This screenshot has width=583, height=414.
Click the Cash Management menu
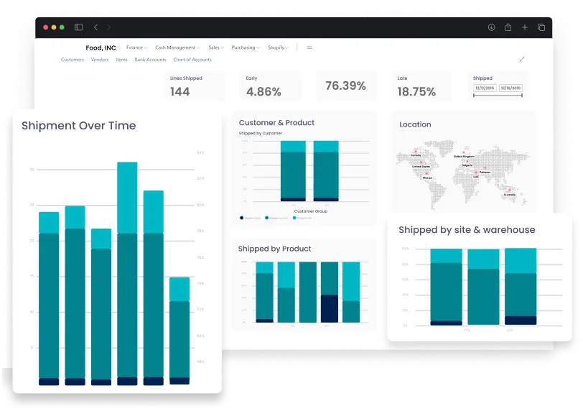tap(177, 47)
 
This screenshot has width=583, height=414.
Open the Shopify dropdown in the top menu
tap(277, 47)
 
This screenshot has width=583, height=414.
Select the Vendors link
tap(99, 60)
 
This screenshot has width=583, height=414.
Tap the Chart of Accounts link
tap(192, 60)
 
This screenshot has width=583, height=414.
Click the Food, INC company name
tap(101, 48)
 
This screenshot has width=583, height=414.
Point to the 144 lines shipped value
tap(179, 91)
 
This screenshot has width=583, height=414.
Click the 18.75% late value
tap(416, 92)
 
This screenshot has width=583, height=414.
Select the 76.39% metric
tap(345, 86)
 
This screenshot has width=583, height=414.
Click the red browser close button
tap(45, 27)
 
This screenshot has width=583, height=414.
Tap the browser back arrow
tap(95, 27)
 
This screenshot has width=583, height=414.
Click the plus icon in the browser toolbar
tap(524, 27)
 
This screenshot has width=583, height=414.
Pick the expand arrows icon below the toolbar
tap(522, 59)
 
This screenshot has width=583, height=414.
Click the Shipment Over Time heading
tap(78, 126)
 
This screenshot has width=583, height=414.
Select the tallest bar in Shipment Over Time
tap(127, 273)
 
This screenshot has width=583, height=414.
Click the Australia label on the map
tap(509, 194)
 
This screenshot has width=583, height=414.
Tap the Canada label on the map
tap(415, 155)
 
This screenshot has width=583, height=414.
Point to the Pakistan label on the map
tap(485, 172)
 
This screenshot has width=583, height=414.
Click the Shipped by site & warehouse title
tap(467, 230)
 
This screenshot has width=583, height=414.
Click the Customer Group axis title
tap(310, 211)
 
